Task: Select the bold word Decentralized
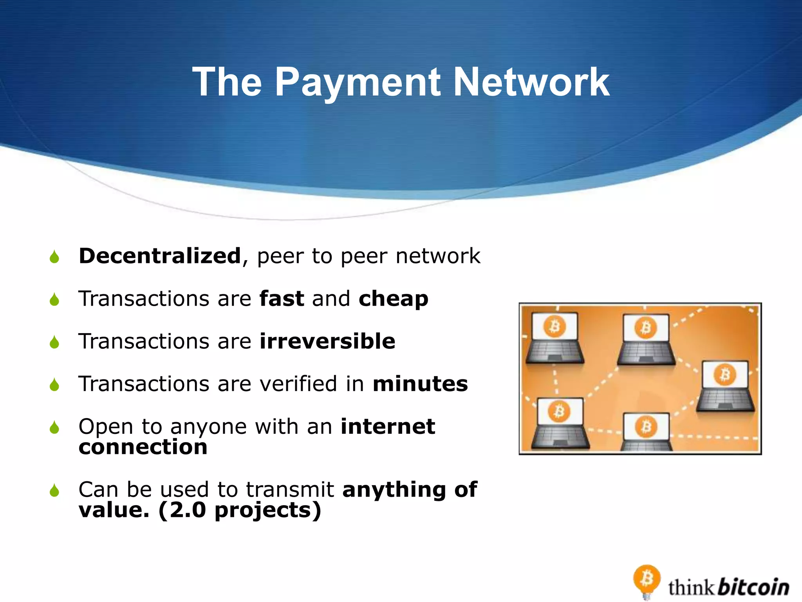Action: pos(160,256)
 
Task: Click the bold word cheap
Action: pos(393,299)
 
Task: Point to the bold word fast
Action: pos(282,299)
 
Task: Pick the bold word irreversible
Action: pos(327,341)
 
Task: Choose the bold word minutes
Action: pos(420,384)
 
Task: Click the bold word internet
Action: pos(388,426)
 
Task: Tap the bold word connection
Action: pos(143,447)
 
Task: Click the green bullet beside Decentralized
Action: pos(54,257)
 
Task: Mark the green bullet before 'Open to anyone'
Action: pos(54,428)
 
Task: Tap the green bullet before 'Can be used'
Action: pos(54,490)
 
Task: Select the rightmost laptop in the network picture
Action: pos(725,386)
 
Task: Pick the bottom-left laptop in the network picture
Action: pos(560,423)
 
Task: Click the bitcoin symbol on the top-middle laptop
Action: pos(645,328)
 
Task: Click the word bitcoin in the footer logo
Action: pos(754,587)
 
